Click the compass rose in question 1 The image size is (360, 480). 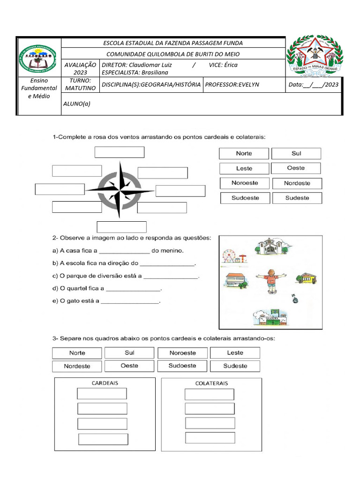[x=120, y=190]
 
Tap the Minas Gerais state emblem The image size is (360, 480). [x=315, y=56]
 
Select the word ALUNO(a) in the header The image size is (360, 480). [x=76, y=104]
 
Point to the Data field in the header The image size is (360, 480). [x=314, y=85]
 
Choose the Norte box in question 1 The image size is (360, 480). [x=244, y=154]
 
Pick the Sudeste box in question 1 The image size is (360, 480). [x=297, y=198]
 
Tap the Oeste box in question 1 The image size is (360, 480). [x=296, y=168]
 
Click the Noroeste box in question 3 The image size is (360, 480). [x=183, y=353]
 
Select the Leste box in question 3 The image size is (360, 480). [x=235, y=353]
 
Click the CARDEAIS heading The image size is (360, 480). [x=105, y=383]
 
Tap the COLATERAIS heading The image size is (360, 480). [x=211, y=383]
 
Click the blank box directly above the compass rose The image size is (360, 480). [x=120, y=152]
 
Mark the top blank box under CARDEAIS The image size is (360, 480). [x=102, y=394]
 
